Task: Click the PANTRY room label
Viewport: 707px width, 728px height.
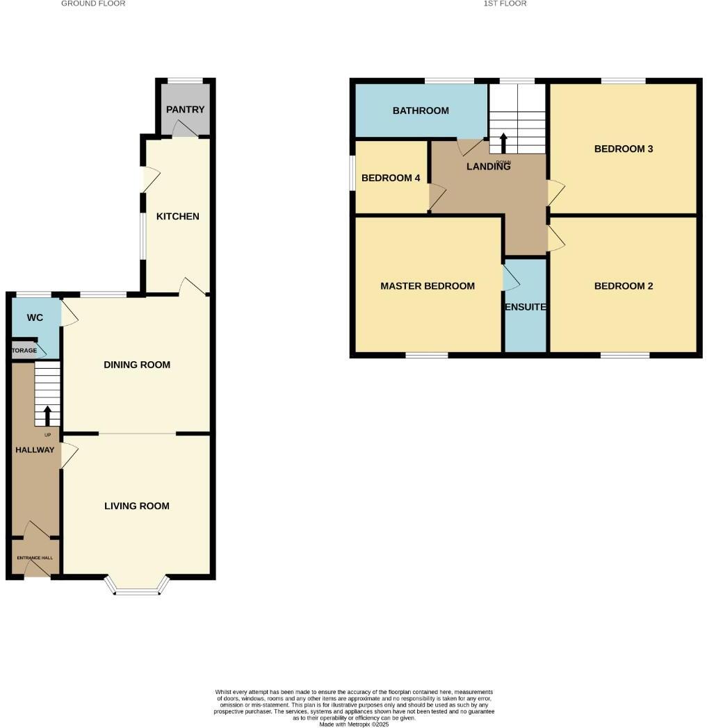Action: click(185, 109)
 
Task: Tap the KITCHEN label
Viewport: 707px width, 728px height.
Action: click(177, 216)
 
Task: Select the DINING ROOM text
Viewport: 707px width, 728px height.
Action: click(136, 365)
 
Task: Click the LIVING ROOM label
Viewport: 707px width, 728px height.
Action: click(136, 506)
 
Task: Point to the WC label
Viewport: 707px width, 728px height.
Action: click(35, 317)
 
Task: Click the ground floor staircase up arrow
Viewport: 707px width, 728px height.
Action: click(47, 415)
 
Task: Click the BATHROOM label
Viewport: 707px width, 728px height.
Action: click(420, 110)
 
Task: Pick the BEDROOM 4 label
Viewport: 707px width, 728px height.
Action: click(390, 178)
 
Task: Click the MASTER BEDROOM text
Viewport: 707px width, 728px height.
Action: click(427, 286)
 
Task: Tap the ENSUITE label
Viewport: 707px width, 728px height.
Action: click(525, 306)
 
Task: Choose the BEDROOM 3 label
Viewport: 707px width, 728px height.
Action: click(623, 149)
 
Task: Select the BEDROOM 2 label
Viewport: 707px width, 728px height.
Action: click(623, 286)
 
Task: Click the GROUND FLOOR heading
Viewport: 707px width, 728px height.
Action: click(93, 3)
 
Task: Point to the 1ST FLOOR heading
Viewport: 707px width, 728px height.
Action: click(505, 3)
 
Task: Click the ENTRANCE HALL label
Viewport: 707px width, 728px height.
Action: click(35, 557)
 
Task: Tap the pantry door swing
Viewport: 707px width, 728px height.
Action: click(183, 129)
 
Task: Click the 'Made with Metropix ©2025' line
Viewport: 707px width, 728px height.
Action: click(354, 724)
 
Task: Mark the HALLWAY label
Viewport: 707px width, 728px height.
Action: click(35, 449)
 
